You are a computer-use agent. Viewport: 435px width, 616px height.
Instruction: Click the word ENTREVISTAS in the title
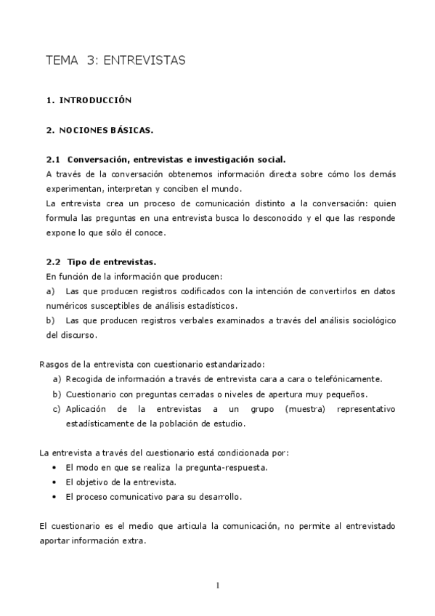pyautogui.click(x=145, y=60)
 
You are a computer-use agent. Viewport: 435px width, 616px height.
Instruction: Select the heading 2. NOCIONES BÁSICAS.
pyautogui.click(x=99, y=130)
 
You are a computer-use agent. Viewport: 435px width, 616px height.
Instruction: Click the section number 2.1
pyautogui.click(x=53, y=159)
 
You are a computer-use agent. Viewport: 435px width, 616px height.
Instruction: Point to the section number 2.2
pyautogui.click(x=53, y=262)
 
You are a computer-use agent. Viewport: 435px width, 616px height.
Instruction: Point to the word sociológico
pyautogui.click(x=370, y=320)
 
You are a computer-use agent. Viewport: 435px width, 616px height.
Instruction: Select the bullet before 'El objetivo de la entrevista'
pyautogui.click(x=56, y=482)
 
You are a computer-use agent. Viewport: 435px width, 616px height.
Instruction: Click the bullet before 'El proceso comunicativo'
pyautogui.click(x=56, y=497)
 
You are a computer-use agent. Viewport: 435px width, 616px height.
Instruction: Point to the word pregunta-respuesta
pyautogui.click(x=226, y=467)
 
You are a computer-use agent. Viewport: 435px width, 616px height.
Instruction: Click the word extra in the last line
pyautogui.click(x=133, y=541)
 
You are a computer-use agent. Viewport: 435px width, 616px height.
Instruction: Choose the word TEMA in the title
pyautogui.click(x=61, y=60)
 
